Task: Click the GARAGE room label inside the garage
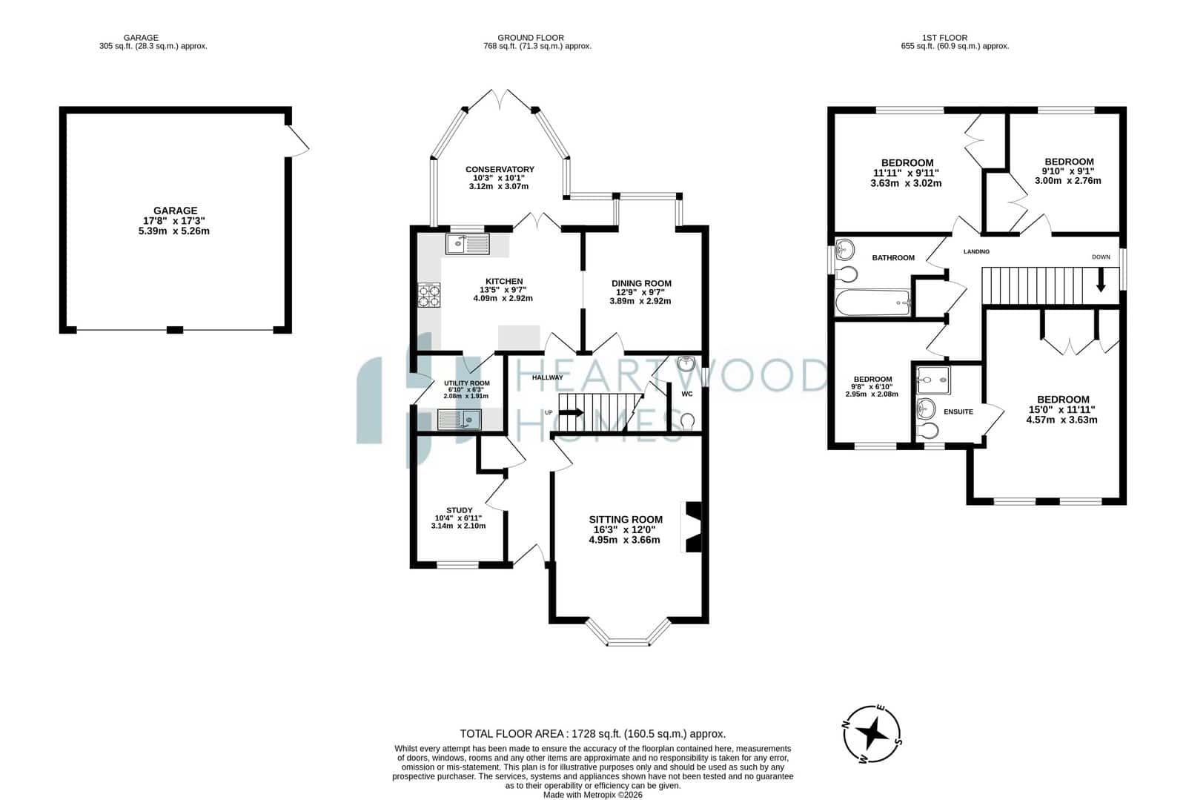pyautogui.click(x=175, y=211)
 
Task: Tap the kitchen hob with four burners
pyautogui.click(x=429, y=295)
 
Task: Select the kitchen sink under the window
pyautogui.click(x=468, y=244)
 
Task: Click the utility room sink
pyautogui.click(x=460, y=420)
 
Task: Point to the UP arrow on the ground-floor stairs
pyautogui.click(x=572, y=412)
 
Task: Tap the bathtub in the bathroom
pyautogui.click(x=872, y=303)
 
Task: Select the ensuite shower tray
pyautogui.click(x=933, y=380)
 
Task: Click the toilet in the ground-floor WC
pyautogui.click(x=687, y=421)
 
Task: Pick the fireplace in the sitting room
pyautogui.click(x=692, y=527)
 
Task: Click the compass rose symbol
pyautogui.click(x=872, y=734)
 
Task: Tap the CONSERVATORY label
pyautogui.click(x=500, y=170)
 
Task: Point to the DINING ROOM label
pyautogui.click(x=641, y=283)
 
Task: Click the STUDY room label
pyautogui.click(x=459, y=510)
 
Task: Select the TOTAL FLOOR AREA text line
pyautogui.click(x=592, y=734)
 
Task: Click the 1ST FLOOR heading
pyautogui.click(x=944, y=38)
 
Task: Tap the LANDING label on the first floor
pyautogui.click(x=976, y=251)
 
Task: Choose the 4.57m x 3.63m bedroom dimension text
pyautogui.click(x=1061, y=420)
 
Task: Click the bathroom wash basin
pyautogui.click(x=845, y=248)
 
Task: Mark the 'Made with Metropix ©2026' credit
pyautogui.click(x=592, y=795)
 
